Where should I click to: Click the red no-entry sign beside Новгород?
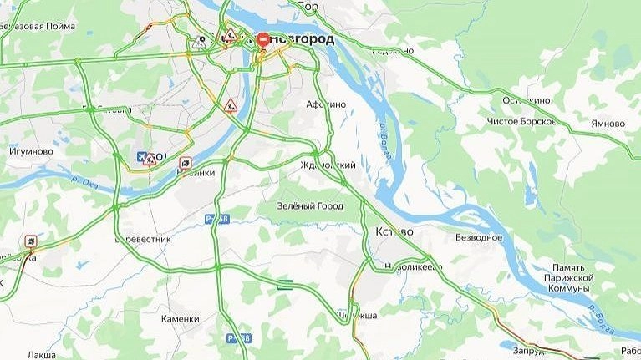tap(262, 39)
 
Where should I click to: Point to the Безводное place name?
tap(478, 238)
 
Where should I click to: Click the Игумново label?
tap(31, 152)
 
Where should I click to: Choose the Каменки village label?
tap(181, 318)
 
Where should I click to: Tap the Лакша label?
tap(41, 355)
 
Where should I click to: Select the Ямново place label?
tap(608, 124)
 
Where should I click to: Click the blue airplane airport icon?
tap(140, 156)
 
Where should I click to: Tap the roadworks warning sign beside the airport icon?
tap(150, 159)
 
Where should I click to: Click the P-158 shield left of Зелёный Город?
tap(216, 219)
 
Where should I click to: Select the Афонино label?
tap(326, 104)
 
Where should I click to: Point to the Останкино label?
tap(527, 100)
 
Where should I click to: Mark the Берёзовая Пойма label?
tap(31, 26)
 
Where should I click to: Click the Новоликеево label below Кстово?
tap(412, 266)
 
